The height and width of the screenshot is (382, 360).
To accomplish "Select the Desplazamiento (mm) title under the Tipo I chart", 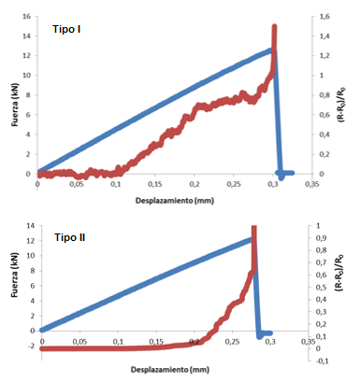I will (x=171, y=200).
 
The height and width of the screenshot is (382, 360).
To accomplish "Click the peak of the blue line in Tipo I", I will (x=272, y=50).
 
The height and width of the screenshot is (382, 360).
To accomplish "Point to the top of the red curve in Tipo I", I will (x=274, y=27).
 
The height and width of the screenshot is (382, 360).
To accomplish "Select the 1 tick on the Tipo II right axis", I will (x=319, y=226).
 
